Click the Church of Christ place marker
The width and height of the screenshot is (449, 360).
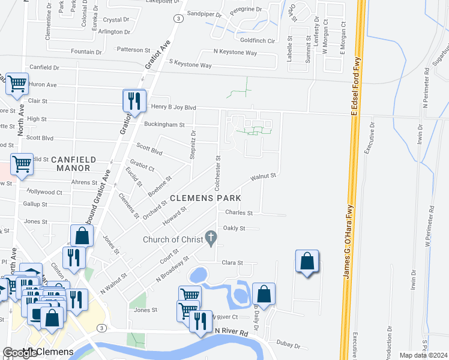(x=210, y=238)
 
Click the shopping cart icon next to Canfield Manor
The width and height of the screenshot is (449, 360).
(x=22, y=163)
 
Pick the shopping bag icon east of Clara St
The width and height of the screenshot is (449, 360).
(x=307, y=262)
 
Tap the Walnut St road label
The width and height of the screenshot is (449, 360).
(x=263, y=176)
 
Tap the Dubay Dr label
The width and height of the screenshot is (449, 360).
(x=288, y=344)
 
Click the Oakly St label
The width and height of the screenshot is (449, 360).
(x=234, y=229)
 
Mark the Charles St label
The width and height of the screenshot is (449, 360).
(x=239, y=212)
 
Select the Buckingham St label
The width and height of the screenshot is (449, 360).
(x=164, y=125)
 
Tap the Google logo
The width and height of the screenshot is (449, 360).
(x=20, y=353)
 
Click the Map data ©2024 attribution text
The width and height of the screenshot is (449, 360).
(x=423, y=355)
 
